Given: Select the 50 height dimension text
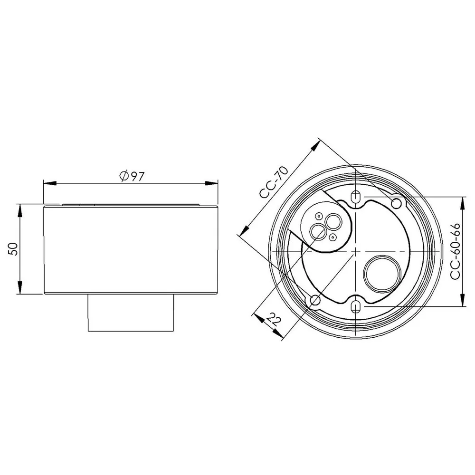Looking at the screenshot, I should [15, 248].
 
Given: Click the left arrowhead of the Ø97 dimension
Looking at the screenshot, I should [47, 183].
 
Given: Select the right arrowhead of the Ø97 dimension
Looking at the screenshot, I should [212, 183].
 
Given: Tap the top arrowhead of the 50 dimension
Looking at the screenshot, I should [20, 209].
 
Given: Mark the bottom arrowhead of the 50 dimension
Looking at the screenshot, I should [20, 289].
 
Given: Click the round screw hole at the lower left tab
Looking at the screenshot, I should [314, 300].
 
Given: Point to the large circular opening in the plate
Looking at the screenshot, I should [380, 272].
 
